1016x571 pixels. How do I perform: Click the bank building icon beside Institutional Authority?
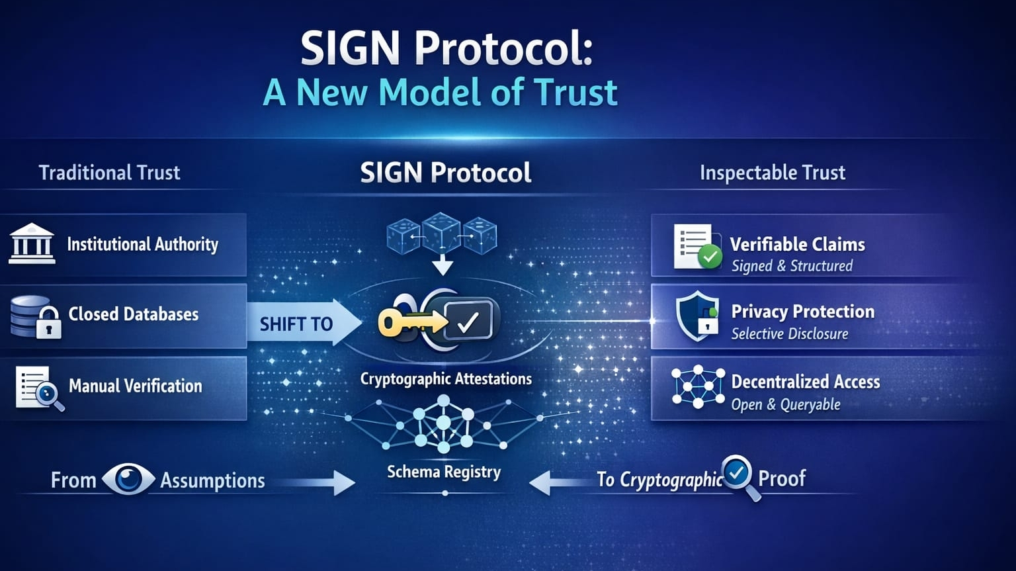(32, 244)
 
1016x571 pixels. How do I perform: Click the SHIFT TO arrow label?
(296, 324)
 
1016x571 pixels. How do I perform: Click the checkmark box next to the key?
(468, 321)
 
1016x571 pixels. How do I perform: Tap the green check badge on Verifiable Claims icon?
(710, 256)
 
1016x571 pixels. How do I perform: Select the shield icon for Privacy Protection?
(697, 316)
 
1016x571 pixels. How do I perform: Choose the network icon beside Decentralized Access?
(698, 387)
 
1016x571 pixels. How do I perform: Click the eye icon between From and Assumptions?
(128, 479)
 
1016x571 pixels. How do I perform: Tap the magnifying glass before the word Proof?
(740, 476)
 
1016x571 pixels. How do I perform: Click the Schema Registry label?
(444, 472)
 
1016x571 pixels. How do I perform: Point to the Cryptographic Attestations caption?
(446, 379)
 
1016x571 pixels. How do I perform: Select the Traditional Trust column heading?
(109, 173)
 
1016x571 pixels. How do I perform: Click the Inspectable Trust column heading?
(772, 173)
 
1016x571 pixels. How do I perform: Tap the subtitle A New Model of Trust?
(440, 92)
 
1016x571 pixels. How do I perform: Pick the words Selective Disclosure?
(789, 334)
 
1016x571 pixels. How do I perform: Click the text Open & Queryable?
(785, 404)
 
